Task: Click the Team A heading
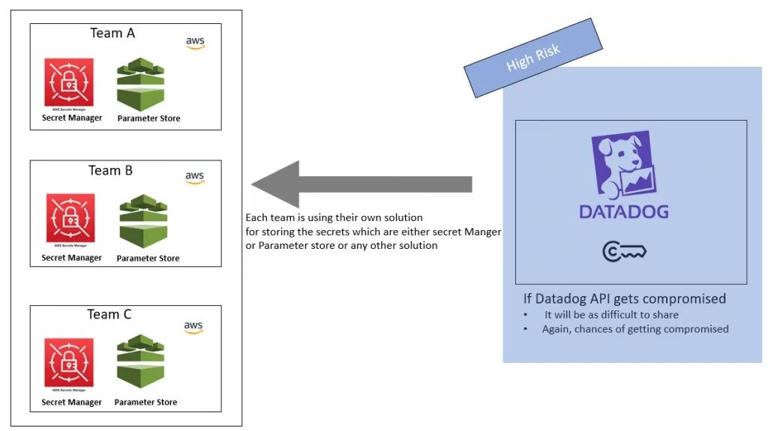[112, 33]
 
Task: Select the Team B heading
[110, 170]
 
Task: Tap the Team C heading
[109, 314]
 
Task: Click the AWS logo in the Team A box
[195, 43]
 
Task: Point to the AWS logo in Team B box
[194, 178]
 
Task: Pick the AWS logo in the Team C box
[193, 328]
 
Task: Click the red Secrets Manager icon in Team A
[69, 82]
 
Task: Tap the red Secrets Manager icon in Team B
[70, 218]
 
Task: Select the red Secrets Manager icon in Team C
[70, 363]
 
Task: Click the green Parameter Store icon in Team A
[140, 84]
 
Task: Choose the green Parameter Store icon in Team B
[142, 223]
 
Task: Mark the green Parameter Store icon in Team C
[140, 364]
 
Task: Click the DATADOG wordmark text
[623, 211]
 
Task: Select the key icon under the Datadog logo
[624, 252]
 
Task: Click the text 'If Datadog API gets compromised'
[624, 299]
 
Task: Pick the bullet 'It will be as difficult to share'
[611, 315]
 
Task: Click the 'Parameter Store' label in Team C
[145, 403]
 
